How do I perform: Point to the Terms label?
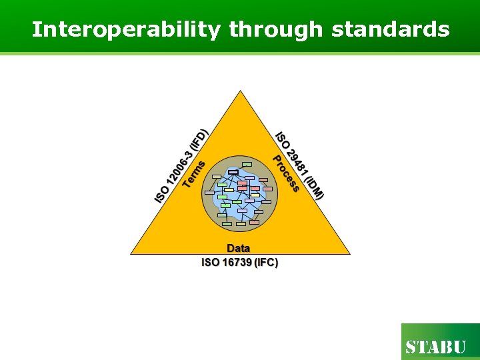pyautogui.click(x=194, y=172)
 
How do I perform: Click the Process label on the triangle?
pyautogui.click(x=285, y=173)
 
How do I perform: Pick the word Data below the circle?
pyautogui.click(x=239, y=248)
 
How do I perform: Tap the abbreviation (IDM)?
pyautogui.click(x=313, y=187)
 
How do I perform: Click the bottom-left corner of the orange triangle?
pyautogui.click(x=131, y=253)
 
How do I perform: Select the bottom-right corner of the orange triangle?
pyautogui.click(x=349, y=253)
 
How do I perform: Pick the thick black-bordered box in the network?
pyautogui.click(x=233, y=173)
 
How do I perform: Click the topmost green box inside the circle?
pyautogui.click(x=247, y=164)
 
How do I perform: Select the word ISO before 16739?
pyautogui.click(x=211, y=262)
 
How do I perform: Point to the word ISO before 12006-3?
pyautogui.click(x=161, y=195)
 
